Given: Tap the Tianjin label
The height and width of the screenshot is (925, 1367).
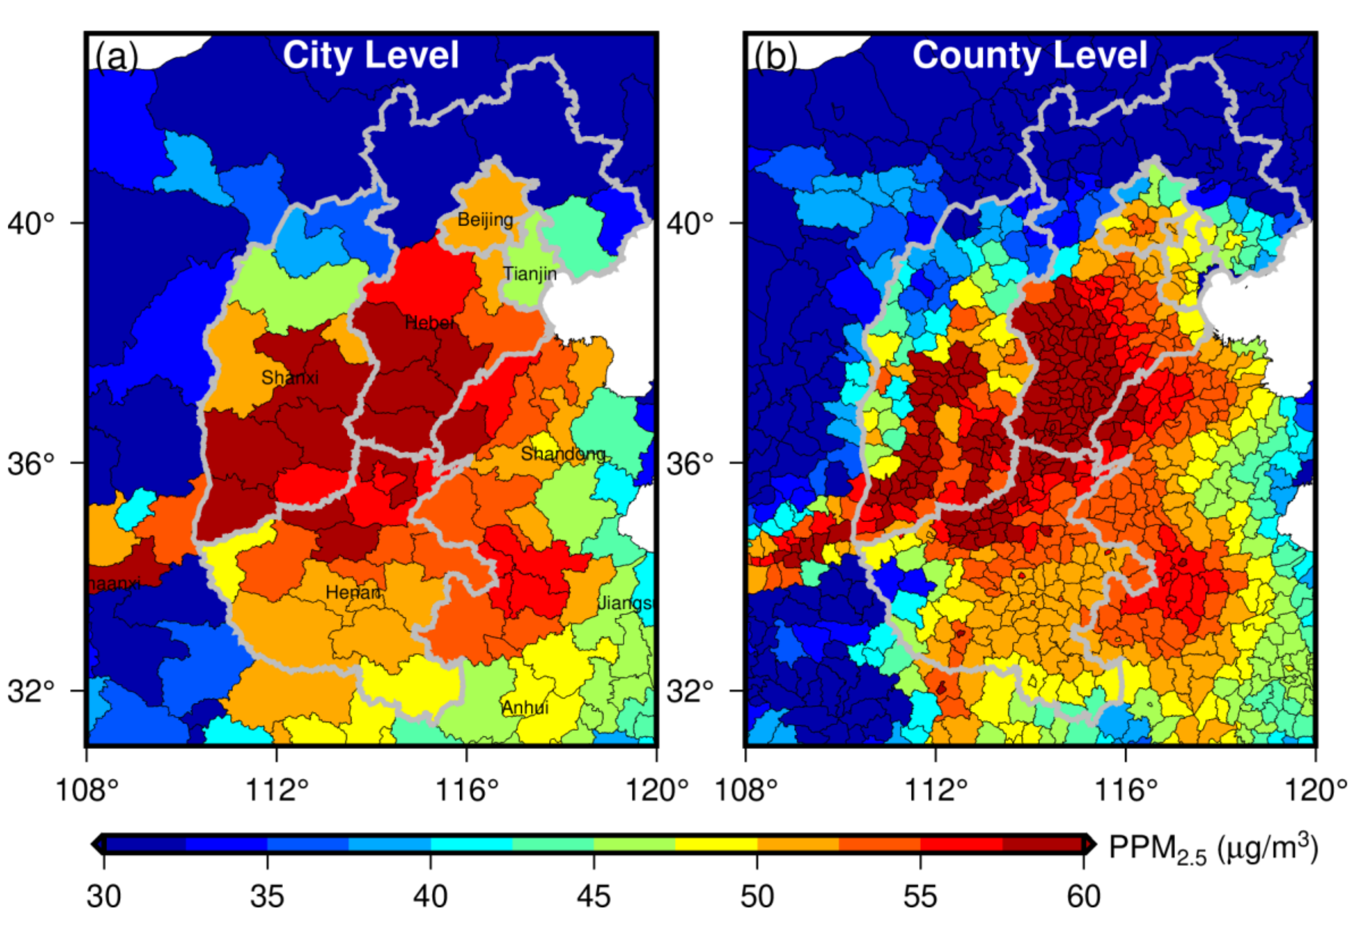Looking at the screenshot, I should click(529, 274).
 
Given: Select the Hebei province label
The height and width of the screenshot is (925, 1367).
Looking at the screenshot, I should click(429, 322).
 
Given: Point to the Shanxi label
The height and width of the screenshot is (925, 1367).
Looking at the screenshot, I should click(290, 377).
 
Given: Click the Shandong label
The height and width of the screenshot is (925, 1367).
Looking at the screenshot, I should click(563, 453).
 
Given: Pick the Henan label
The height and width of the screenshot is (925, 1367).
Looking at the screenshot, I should click(353, 592).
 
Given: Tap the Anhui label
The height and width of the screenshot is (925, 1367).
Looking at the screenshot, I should click(525, 707).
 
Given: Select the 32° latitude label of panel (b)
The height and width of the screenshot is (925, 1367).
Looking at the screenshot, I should click(690, 691).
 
